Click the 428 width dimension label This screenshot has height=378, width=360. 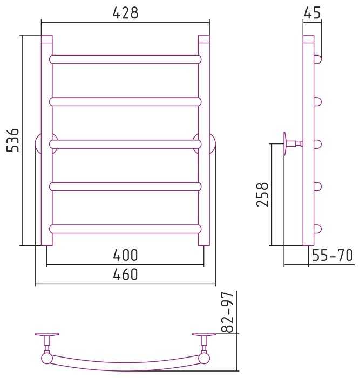click(x=125, y=13)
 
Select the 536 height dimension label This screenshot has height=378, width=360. click(x=12, y=140)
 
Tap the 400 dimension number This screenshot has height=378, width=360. click(x=125, y=255)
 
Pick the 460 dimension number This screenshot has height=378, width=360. click(x=125, y=274)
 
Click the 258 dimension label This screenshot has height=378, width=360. click(x=262, y=194)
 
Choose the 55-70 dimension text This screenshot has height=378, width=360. click(x=332, y=255)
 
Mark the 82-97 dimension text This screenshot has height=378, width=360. click(x=227, y=312)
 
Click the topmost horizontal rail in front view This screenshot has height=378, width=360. click(x=125, y=59)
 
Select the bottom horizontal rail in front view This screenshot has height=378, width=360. click(x=125, y=229)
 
